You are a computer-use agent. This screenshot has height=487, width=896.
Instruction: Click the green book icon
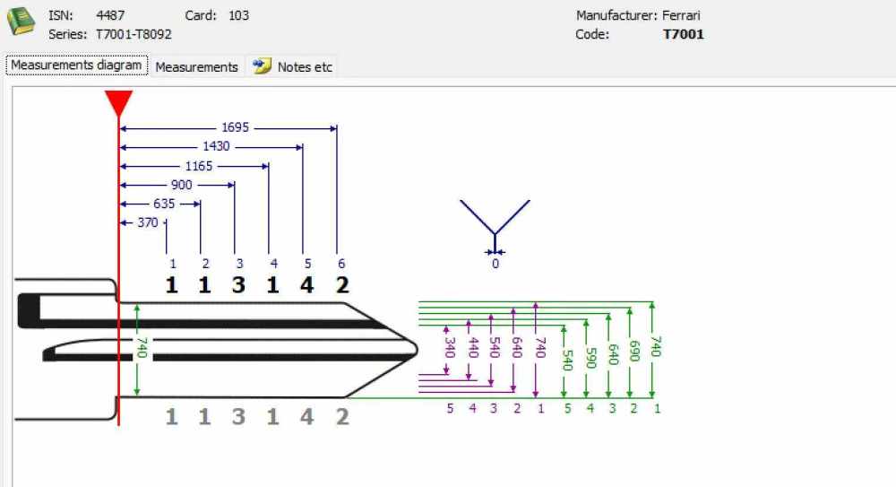pyautogui.click(x=21, y=22)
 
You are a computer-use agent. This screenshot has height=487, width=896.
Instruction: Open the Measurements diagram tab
pyautogui.click(x=76, y=65)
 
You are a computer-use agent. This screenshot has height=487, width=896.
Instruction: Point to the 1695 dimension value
pyautogui.click(x=236, y=127)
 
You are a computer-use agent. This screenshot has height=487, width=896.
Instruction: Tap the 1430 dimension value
pyautogui.click(x=216, y=146)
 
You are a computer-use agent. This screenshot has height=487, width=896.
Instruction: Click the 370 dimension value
pyautogui.click(x=148, y=222)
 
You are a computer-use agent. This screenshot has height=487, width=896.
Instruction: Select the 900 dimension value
pyautogui.click(x=182, y=185)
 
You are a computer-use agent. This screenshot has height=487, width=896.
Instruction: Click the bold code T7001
pyautogui.click(x=684, y=34)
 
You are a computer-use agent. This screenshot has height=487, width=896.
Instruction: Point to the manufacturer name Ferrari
pyautogui.click(x=681, y=15)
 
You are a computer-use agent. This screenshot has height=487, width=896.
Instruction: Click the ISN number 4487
pyautogui.click(x=110, y=15)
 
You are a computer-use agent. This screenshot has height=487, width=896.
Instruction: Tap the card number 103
pyautogui.click(x=239, y=15)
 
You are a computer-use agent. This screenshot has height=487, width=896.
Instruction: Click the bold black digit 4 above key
pyautogui.click(x=306, y=285)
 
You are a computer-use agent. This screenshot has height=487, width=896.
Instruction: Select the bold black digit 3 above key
pyautogui.click(x=239, y=285)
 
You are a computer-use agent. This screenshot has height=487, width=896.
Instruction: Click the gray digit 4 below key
pyautogui.click(x=306, y=417)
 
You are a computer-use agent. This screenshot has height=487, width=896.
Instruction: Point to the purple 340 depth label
pyautogui.click(x=450, y=347)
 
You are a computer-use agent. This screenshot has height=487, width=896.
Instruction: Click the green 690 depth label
pyautogui.click(x=633, y=351)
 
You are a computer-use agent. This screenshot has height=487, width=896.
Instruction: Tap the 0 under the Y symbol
pyautogui.click(x=495, y=264)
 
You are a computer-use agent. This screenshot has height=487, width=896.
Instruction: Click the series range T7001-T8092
pyautogui.click(x=134, y=34)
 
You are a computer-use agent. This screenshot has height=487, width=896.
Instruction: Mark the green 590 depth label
pyautogui.click(x=590, y=358)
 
